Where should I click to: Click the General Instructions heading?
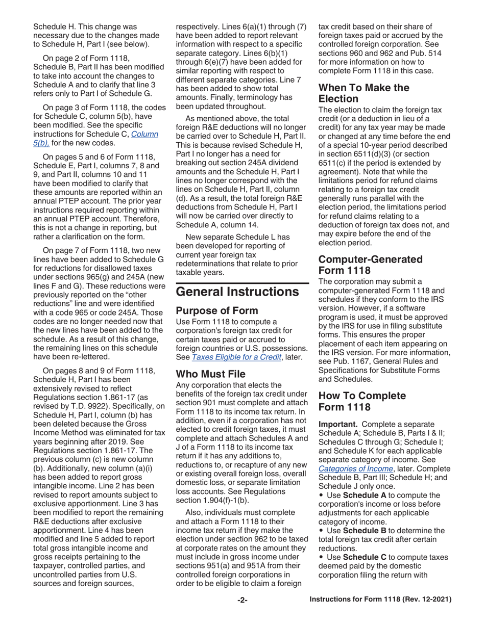pyautogui.click(x=237, y=292)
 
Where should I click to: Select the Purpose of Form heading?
pyautogui.click(x=216, y=311)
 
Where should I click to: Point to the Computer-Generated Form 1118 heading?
pyautogui.click(x=370, y=265)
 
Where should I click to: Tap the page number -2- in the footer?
pyautogui.click(x=242, y=600)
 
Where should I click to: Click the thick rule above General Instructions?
pyautogui.click(x=242, y=283)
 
